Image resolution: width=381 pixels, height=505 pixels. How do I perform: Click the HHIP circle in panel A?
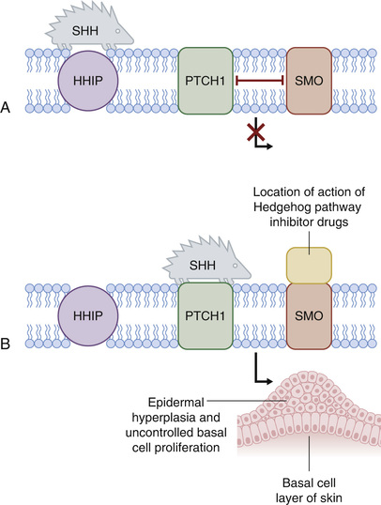(x=88, y=81)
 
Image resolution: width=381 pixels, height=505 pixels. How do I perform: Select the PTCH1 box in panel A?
(x=206, y=81)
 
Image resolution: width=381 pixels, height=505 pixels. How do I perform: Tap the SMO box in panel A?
(x=309, y=81)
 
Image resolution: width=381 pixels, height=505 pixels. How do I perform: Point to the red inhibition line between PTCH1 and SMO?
(x=260, y=81)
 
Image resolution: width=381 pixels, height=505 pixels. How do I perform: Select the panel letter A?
(x=5, y=108)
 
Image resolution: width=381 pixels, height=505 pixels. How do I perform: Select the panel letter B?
(x=5, y=344)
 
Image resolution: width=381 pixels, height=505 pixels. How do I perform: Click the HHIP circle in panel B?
(x=88, y=316)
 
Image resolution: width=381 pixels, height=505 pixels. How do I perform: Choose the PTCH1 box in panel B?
(x=206, y=316)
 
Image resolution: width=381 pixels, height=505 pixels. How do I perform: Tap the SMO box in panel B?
(x=309, y=316)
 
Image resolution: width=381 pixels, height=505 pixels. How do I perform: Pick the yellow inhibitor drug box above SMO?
(x=309, y=266)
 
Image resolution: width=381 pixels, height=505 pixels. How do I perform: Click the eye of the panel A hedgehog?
(x=118, y=31)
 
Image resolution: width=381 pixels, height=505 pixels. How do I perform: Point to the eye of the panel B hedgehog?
(x=236, y=266)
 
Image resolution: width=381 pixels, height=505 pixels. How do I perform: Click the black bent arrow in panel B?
(x=261, y=371)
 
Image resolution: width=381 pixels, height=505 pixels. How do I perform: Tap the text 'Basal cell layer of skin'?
(x=309, y=490)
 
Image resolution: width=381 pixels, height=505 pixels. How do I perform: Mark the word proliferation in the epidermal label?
(x=187, y=448)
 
